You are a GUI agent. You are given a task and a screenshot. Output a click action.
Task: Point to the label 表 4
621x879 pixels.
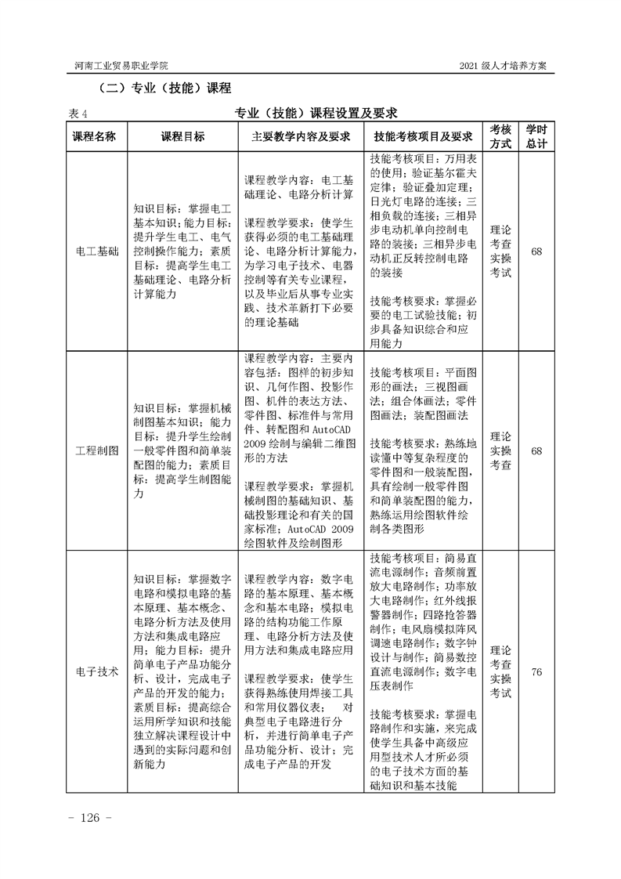click(x=78, y=114)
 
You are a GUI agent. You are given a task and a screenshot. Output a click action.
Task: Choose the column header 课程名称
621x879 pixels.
click(x=95, y=136)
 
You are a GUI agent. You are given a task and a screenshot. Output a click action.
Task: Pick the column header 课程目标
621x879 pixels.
click(x=182, y=136)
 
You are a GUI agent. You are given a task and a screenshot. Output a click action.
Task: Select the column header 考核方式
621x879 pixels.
click(x=500, y=136)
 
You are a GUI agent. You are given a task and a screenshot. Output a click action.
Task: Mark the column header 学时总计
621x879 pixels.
click(x=536, y=136)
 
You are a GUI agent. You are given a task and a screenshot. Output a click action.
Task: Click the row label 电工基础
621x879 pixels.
click(x=95, y=251)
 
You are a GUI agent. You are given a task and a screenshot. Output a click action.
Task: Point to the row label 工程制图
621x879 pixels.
click(x=95, y=451)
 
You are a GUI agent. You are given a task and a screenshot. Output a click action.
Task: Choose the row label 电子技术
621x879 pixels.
click(x=95, y=671)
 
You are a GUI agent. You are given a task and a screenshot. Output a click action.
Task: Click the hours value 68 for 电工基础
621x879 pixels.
click(x=536, y=251)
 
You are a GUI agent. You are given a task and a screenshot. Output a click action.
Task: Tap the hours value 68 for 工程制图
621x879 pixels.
click(x=536, y=451)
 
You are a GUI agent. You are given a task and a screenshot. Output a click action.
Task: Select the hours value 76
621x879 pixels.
click(x=536, y=671)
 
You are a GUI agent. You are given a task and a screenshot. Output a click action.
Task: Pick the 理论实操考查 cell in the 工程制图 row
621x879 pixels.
click(x=500, y=451)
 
